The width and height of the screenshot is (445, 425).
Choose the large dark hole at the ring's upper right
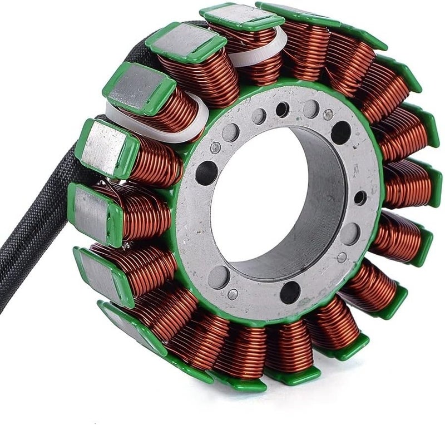[x=341, y=132]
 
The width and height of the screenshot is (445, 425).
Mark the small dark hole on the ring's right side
[x=360, y=197]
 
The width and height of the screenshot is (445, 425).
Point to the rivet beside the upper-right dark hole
[x=328, y=115]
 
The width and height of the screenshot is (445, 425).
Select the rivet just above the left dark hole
[x=215, y=147]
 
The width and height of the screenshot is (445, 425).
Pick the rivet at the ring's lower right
[x=342, y=257]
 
